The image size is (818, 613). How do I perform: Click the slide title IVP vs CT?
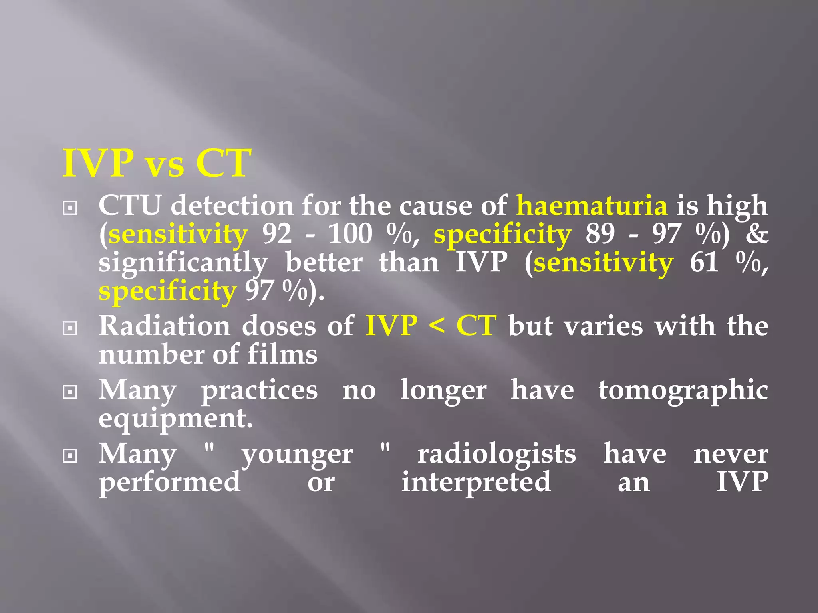pyautogui.click(x=157, y=163)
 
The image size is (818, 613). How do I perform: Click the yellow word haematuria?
pyautogui.click(x=592, y=206)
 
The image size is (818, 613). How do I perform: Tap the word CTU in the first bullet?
pyautogui.click(x=130, y=206)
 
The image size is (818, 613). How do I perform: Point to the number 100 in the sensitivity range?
pyautogui.click(x=350, y=234)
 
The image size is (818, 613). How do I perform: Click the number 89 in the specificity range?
pyautogui.click(x=600, y=234)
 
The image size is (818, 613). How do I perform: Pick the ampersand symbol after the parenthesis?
pyautogui.click(x=756, y=234)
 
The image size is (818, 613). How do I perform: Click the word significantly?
pyautogui.click(x=183, y=263)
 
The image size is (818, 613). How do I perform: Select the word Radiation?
pyautogui.click(x=165, y=326)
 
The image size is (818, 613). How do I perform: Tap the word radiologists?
pyautogui.click(x=496, y=454)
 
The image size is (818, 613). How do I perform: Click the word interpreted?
pyautogui.click(x=476, y=482)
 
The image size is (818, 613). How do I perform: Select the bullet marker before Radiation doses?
pyautogui.click(x=70, y=328)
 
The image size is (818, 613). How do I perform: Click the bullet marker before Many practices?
pyautogui.click(x=70, y=392)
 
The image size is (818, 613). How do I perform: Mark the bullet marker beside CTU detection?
pyautogui.click(x=70, y=208)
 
